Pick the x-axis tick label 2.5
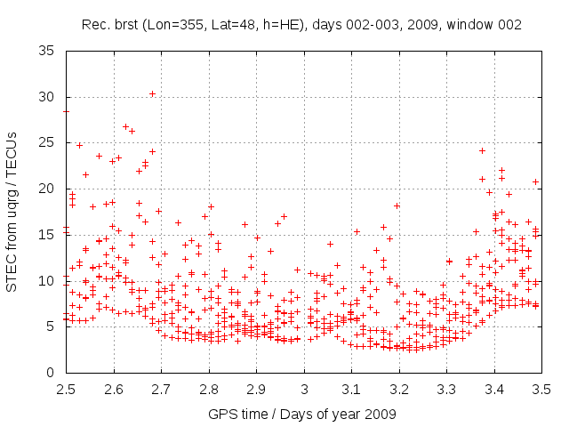point(65,389)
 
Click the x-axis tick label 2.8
point(209,389)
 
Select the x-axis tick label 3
point(304,389)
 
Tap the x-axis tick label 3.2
point(399,389)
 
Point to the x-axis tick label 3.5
point(542,389)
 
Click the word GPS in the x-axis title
point(220,415)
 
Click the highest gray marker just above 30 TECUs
point(152,93)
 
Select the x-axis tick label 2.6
point(113,389)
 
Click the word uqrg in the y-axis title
point(12,204)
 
